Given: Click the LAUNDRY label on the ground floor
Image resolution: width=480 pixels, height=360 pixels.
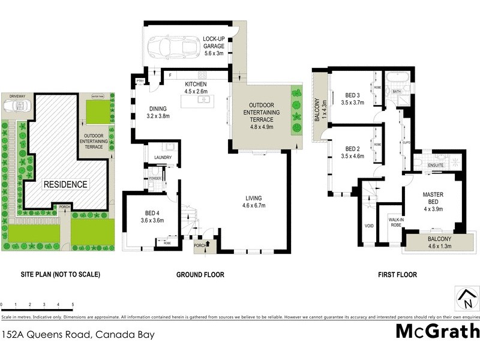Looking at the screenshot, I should pyautogui.click(x=163, y=158).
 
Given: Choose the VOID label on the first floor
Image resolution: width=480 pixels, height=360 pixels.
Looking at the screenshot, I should pyautogui.click(x=369, y=226).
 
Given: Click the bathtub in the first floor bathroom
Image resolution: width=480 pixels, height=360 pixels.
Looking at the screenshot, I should pyautogui.click(x=397, y=79).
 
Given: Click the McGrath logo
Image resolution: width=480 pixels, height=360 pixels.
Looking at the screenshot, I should pyautogui.click(x=437, y=331).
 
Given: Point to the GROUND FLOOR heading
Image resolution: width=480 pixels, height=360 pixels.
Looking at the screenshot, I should pyautogui.click(x=200, y=275).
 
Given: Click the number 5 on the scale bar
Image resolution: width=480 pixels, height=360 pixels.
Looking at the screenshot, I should pyautogui.click(x=73, y=305).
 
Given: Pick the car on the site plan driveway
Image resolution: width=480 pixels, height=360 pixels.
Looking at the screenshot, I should pyautogui.click(x=16, y=106).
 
